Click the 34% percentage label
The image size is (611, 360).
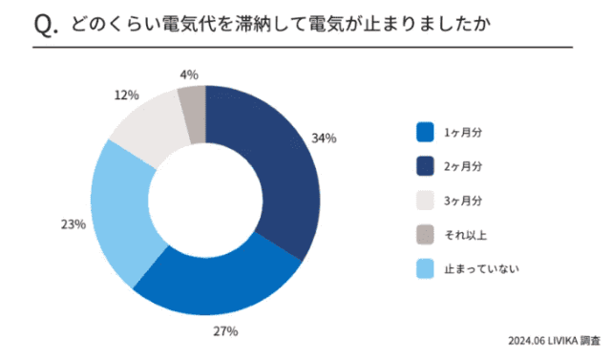click(324, 138)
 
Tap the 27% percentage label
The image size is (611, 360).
click(226, 331)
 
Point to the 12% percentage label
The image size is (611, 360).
click(126, 95)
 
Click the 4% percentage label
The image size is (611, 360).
click(188, 74)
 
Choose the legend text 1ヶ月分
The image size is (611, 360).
click(463, 131)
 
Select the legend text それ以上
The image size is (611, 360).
click(465, 234)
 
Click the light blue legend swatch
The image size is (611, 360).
click(426, 268)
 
